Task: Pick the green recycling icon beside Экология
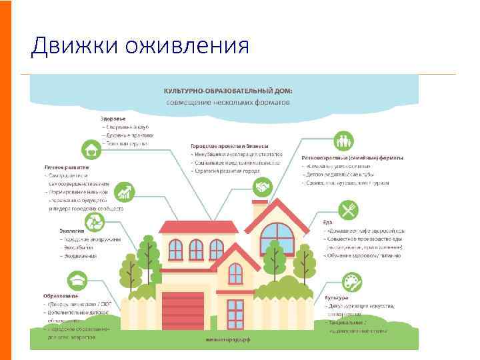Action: point(94,222)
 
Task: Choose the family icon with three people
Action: point(344,141)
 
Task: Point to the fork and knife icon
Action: point(349,211)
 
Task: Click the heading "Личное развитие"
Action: point(65,167)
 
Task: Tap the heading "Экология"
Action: point(72,231)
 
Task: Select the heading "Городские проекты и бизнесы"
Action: point(229,145)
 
